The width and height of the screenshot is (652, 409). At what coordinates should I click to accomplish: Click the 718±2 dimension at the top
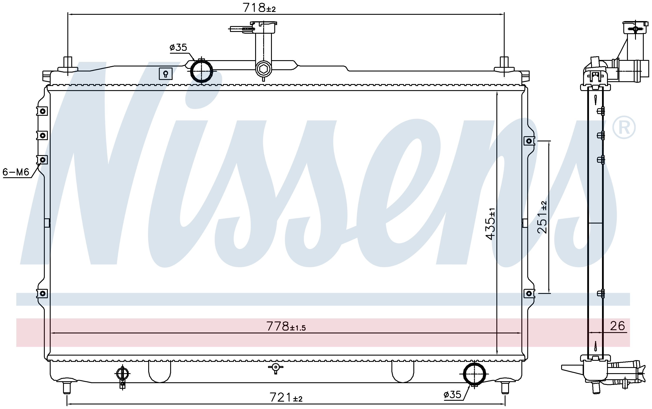pos(259,8)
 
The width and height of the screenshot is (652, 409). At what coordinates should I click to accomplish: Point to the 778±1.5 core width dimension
pos(286,326)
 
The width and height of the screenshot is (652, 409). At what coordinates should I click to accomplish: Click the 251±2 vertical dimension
pos(542,217)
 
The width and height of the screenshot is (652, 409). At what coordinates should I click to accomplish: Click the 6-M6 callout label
pos(16,172)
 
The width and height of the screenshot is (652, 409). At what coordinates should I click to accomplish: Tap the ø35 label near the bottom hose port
pos(452,395)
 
